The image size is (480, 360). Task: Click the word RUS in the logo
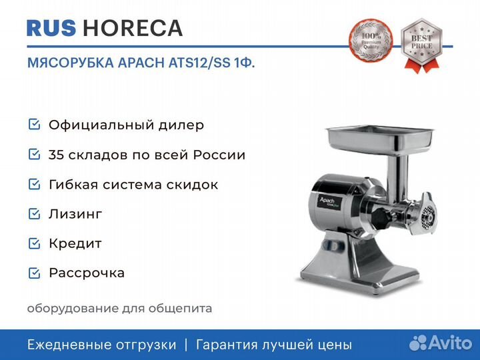pos(51,28)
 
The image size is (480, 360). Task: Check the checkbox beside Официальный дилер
pos(34,125)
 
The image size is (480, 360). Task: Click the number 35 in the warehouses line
pos(57,155)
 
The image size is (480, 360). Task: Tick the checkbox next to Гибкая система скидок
pos(34,185)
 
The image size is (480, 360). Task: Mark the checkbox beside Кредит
pos(34,243)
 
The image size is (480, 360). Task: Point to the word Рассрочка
pos(87,273)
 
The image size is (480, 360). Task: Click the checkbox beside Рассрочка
pos(34,273)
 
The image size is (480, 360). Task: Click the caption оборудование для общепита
pos(119,309)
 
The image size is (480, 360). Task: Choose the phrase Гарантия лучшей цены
pos(273,345)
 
